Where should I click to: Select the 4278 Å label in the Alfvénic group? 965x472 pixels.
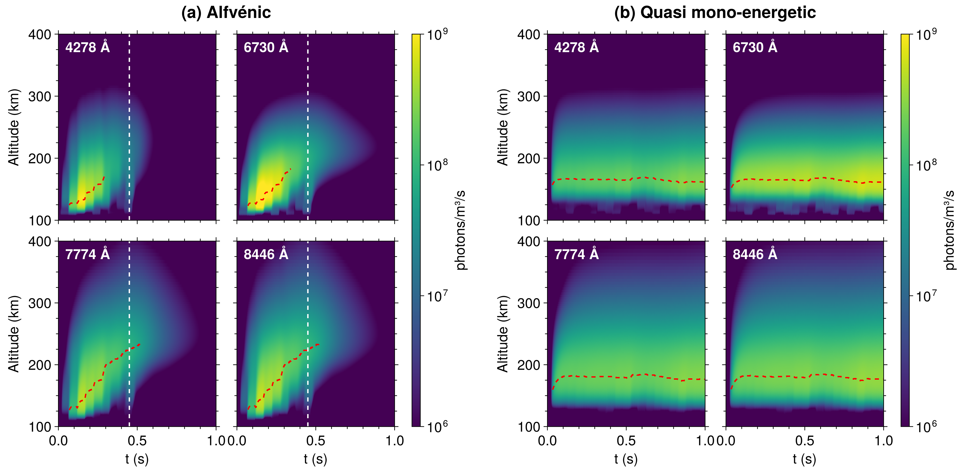pyautogui.click(x=87, y=47)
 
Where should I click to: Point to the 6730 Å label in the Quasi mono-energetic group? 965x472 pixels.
pyautogui.click(x=755, y=47)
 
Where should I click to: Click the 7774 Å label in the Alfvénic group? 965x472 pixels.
pyautogui.click(x=87, y=254)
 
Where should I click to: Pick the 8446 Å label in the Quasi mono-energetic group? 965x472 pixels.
pyautogui.click(x=755, y=254)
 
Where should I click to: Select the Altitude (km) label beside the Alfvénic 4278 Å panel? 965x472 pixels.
pyautogui.click(x=14, y=127)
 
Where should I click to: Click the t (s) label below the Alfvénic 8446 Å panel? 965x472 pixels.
pyautogui.click(x=315, y=459)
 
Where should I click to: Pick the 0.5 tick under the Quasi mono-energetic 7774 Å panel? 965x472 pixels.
pyautogui.click(x=626, y=441)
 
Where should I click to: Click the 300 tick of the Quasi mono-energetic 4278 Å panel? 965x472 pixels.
pyautogui.click(x=529, y=97)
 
